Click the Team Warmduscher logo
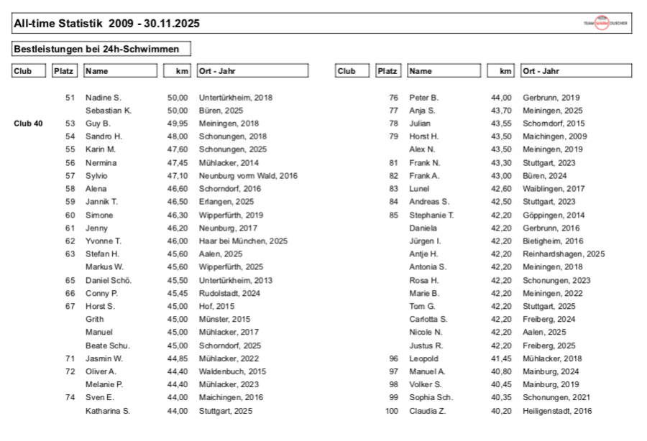(x=605, y=24)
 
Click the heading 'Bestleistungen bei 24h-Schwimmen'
(x=101, y=49)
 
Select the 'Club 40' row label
(x=28, y=124)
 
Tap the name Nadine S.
(x=104, y=98)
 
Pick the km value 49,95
(x=177, y=124)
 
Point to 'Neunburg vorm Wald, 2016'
(x=248, y=176)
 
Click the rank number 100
(x=392, y=411)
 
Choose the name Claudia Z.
(x=428, y=411)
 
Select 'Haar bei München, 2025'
(x=243, y=241)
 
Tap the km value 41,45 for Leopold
(x=501, y=358)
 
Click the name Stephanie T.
(x=431, y=215)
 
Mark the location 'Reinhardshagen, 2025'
(x=564, y=254)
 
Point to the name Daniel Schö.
(x=109, y=280)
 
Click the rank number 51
(x=70, y=98)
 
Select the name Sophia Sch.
(x=431, y=398)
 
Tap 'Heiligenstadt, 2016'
(x=558, y=411)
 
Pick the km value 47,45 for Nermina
(x=177, y=163)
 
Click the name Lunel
(x=419, y=189)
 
